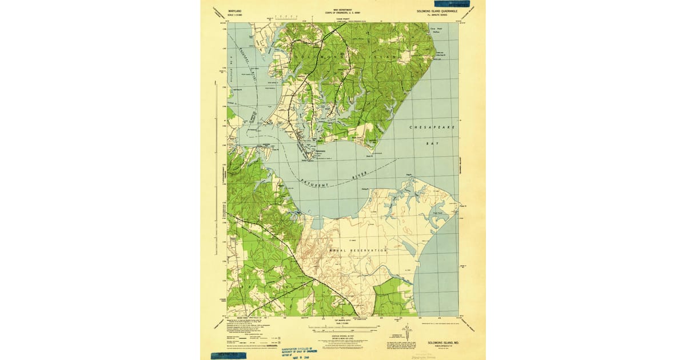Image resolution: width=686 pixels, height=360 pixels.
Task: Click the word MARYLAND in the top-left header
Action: (x=234, y=11)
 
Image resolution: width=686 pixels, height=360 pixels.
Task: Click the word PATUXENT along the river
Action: (x=315, y=186)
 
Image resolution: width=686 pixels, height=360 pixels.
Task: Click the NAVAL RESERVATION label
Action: (x=358, y=250)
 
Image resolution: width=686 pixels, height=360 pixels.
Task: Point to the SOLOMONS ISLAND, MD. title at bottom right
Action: (x=443, y=342)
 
